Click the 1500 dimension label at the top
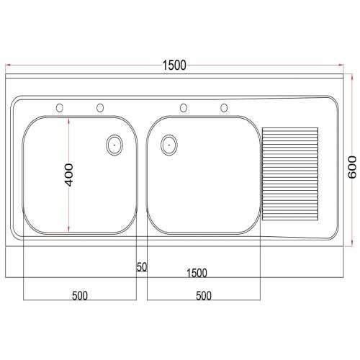coord(174,66)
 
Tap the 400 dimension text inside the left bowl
coord(69,176)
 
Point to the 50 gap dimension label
coord(142,267)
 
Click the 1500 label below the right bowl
coord(197,273)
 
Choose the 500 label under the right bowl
coord(203,296)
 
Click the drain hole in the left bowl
coord(113,144)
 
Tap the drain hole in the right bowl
coord(168,144)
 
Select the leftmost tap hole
coord(60,108)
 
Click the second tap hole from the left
coord(99,108)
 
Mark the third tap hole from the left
coord(184,108)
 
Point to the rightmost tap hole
coord(224,108)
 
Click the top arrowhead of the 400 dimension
coord(69,120)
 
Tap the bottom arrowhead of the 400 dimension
coord(69,230)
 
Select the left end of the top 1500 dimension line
coord(6,65)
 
